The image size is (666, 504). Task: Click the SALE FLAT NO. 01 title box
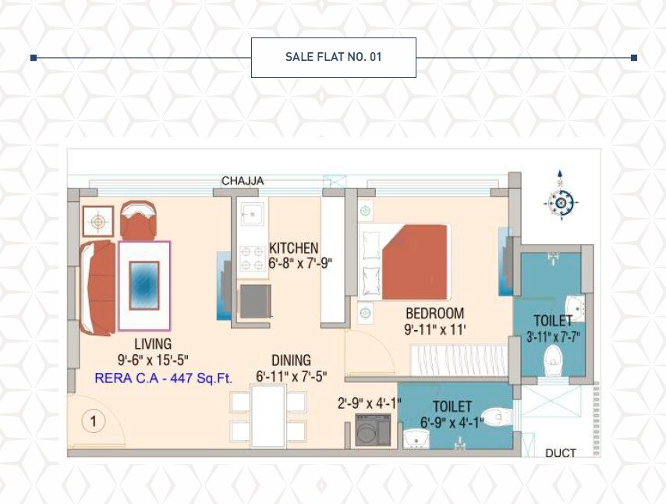(333, 58)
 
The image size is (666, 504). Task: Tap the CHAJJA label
(243, 181)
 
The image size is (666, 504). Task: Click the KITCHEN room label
(295, 248)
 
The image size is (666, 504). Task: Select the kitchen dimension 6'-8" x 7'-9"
(300, 263)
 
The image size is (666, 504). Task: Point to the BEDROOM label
(434, 314)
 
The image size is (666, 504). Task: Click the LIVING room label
(152, 344)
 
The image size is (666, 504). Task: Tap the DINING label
(291, 360)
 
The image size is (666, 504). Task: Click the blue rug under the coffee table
(144, 285)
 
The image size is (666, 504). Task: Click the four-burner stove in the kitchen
(252, 258)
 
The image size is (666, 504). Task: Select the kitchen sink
(252, 214)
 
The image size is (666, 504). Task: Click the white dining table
(267, 417)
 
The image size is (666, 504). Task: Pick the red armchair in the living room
(138, 220)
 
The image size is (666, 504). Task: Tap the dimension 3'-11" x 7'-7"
(554, 337)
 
